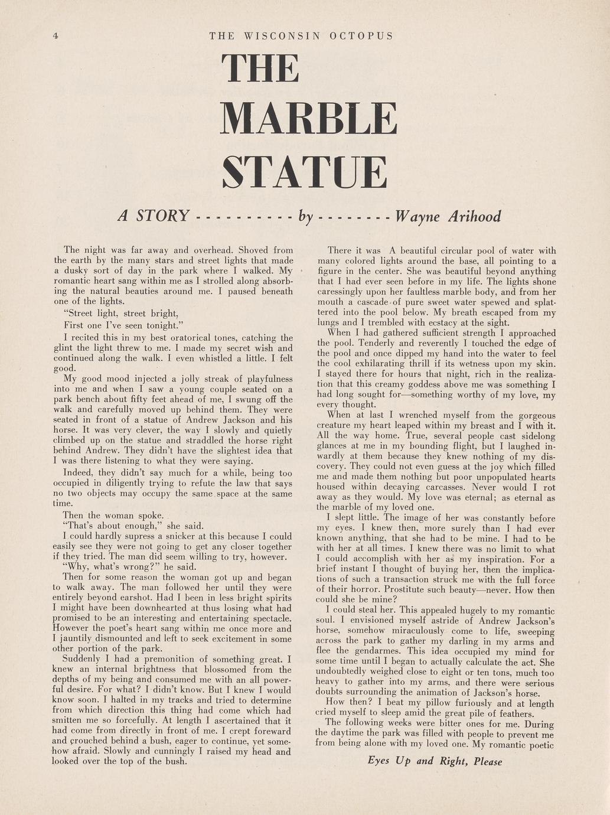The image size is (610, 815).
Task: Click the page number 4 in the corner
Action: [56, 36]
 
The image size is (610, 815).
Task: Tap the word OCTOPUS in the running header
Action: [361, 36]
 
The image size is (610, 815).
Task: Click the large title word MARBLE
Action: [308, 119]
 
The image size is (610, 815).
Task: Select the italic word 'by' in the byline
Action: [305, 217]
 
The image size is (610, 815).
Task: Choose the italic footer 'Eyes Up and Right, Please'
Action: [435, 761]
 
